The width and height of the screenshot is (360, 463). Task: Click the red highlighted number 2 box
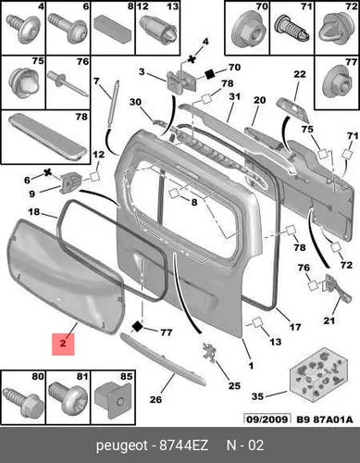[x=63, y=344]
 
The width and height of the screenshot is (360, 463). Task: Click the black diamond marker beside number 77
[x=137, y=326]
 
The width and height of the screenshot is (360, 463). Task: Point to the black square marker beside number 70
[x=210, y=74]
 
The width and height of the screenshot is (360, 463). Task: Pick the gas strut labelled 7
[x=113, y=103]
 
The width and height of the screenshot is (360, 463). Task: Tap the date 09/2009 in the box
[x=267, y=419]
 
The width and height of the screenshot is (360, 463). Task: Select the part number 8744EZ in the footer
[x=184, y=445]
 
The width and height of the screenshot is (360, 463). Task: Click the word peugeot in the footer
[x=122, y=446]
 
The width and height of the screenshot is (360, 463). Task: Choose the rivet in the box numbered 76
[x=68, y=83]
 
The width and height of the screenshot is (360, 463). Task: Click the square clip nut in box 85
[x=113, y=399]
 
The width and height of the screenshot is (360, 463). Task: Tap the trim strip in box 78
[x=47, y=138]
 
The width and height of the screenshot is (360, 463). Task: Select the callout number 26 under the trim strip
[x=155, y=399]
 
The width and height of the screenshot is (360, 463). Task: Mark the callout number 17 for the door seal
[x=295, y=327]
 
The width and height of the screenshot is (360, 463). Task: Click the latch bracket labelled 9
[x=71, y=183]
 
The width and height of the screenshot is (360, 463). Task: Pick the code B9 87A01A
[x=324, y=419]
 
